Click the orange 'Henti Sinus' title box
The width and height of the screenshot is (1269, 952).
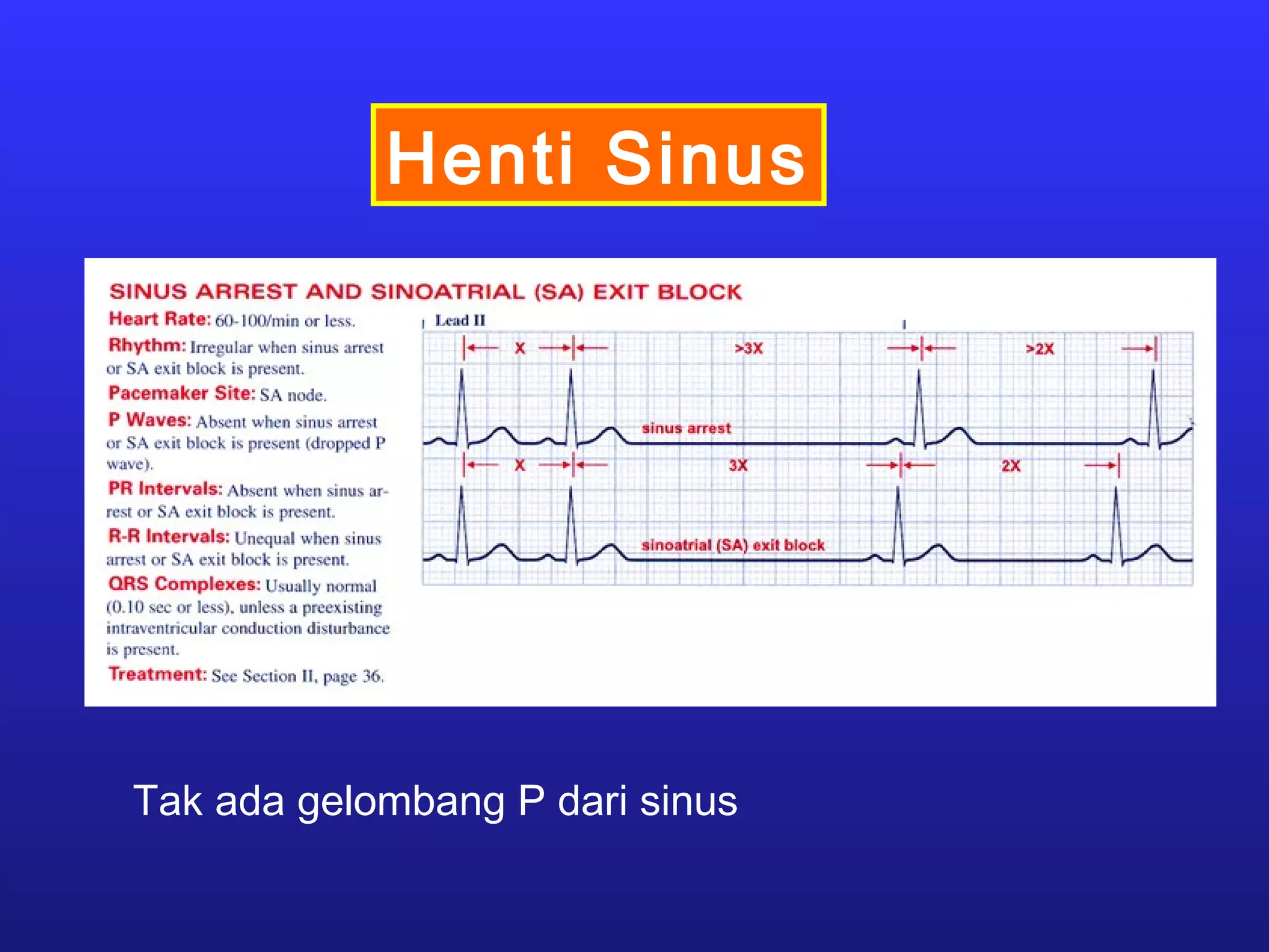598,155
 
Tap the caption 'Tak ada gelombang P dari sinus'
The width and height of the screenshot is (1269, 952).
435,801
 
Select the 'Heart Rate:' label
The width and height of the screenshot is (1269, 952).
160,319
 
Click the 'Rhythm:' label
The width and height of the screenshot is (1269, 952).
147,345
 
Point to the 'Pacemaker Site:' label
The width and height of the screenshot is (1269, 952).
182,393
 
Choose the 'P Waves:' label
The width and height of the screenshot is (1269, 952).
149,420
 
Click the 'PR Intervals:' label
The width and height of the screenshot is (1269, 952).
165,488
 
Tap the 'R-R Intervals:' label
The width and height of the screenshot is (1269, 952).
169,536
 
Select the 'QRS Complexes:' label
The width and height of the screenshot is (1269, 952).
184,584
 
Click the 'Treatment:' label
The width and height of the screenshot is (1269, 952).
157,674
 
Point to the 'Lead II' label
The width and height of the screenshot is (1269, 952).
460,320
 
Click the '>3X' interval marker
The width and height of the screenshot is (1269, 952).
749,348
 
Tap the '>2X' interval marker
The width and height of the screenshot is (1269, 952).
1040,349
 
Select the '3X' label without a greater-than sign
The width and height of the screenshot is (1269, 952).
738,465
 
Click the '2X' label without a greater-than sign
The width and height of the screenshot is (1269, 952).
1011,466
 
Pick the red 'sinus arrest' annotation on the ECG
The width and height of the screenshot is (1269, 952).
686,428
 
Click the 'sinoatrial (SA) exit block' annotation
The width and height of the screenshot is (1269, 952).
733,545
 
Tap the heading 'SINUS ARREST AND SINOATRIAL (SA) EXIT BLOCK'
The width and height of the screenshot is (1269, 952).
425,291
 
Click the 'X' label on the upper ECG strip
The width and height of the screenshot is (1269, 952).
520,348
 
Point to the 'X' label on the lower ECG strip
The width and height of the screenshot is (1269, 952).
520,465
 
